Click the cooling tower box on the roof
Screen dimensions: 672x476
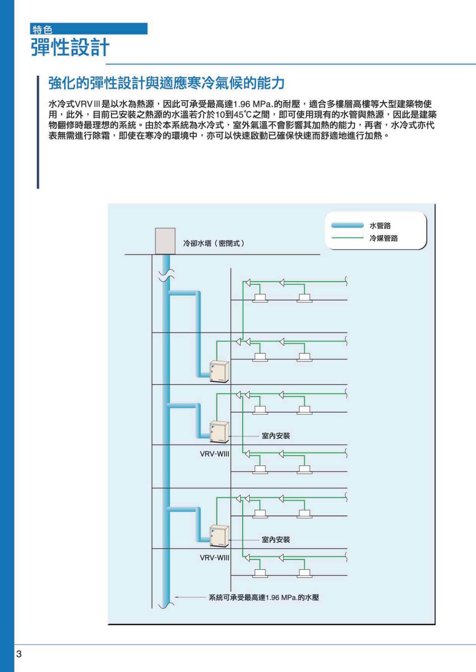click(x=165, y=241)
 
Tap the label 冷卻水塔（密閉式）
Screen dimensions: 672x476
click(x=214, y=243)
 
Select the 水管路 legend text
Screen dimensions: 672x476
click(x=380, y=225)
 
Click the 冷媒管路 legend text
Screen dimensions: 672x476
click(x=384, y=238)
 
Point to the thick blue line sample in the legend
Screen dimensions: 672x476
click(x=347, y=225)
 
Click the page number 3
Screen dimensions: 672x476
click(x=19, y=654)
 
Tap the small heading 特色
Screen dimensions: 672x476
click(x=42, y=30)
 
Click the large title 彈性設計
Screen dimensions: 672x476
click(x=70, y=48)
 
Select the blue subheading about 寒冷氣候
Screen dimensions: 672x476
click(x=166, y=83)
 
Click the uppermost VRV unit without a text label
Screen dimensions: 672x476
click(x=220, y=372)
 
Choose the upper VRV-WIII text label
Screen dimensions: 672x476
click(x=214, y=454)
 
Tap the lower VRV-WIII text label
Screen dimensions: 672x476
click(x=214, y=557)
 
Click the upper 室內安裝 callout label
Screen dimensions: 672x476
click(x=276, y=436)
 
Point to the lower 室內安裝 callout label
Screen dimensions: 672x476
click(x=276, y=540)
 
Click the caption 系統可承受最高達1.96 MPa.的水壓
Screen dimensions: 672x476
click(x=264, y=597)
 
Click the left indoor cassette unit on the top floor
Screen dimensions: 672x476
click(x=260, y=297)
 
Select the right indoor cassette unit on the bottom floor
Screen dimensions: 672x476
click(x=305, y=573)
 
